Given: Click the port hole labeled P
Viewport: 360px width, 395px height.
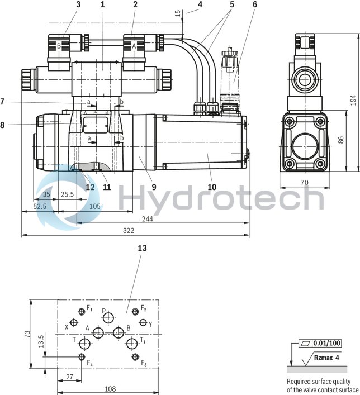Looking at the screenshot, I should pos(108,318).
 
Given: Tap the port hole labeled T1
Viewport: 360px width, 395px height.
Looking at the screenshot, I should pos(131,343).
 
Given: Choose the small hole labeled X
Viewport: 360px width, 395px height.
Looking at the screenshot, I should pos(74,323).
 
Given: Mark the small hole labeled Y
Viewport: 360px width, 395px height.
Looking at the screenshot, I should pos(143,323).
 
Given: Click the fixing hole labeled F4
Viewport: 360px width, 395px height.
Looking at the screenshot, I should pos(82,357).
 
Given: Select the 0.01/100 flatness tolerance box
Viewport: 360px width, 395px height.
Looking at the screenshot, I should pos(328,343).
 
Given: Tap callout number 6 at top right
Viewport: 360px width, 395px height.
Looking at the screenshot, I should pos(254,4).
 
